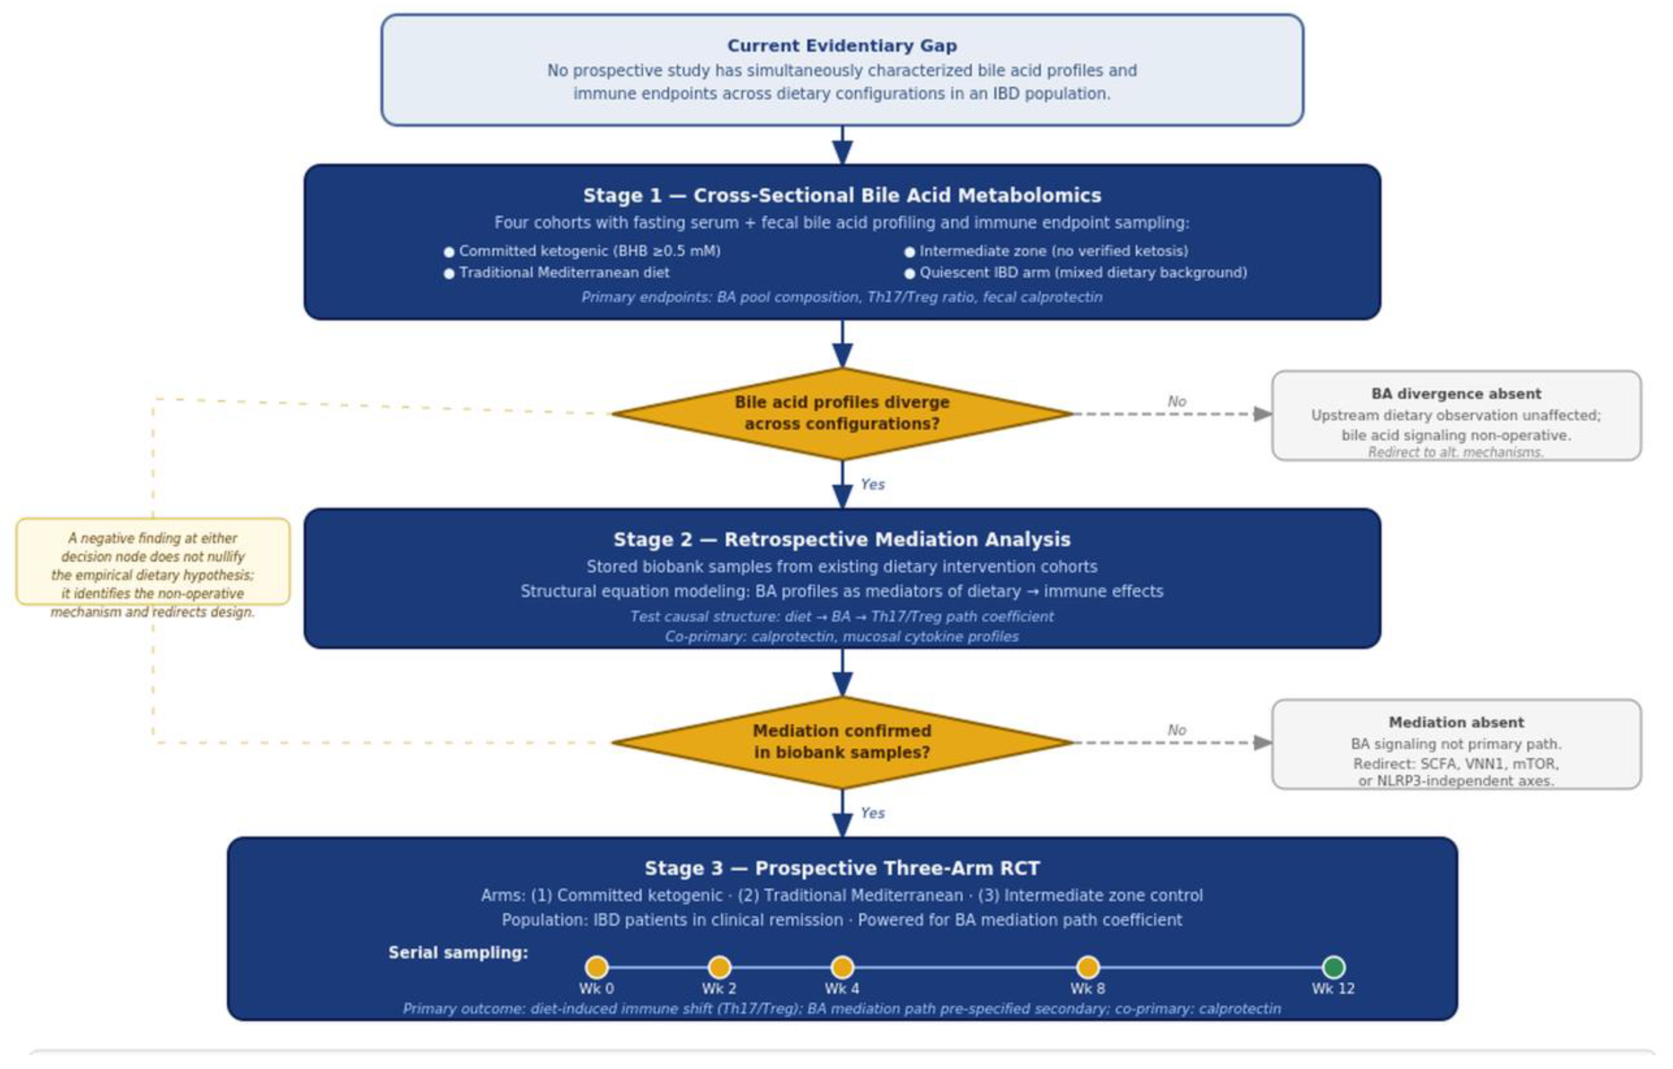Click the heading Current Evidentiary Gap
(x=841, y=46)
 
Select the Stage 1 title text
(x=841, y=195)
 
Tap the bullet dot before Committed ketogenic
(x=449, y=252)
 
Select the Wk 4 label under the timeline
(x=841, y=988)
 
